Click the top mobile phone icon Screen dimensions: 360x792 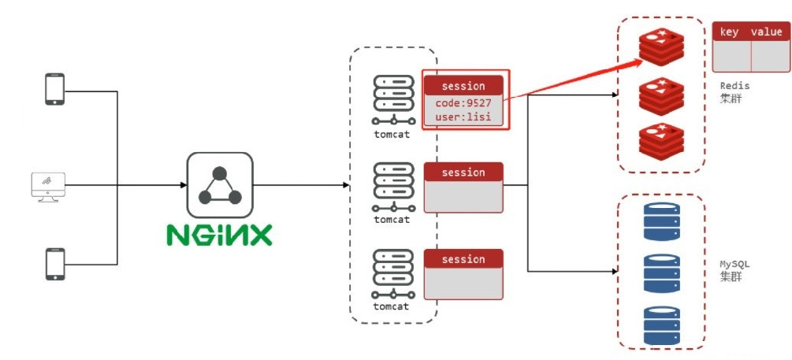click(x=54, y=89)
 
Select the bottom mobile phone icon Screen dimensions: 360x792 click(x=54, y=264)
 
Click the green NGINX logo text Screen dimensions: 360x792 click(x=219, y=235)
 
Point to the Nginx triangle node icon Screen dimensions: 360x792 click(x=219, y=185)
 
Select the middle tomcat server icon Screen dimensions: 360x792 click(x=392, y=187)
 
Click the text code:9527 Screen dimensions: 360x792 click(x=463, y=103)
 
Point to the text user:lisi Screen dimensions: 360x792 click(x=463, y=117)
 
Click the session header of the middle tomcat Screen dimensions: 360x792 click(x=463, y=173)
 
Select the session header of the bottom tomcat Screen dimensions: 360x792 click(x=463, y=259)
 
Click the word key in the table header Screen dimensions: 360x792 click(x=730, y=32)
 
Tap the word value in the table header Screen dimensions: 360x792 click(x=766, y=32)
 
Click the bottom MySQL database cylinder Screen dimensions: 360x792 click(x=660, y=324)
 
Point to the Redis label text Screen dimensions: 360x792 click(x=734, y=85)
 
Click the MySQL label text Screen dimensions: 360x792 click(x=734, y=264)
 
